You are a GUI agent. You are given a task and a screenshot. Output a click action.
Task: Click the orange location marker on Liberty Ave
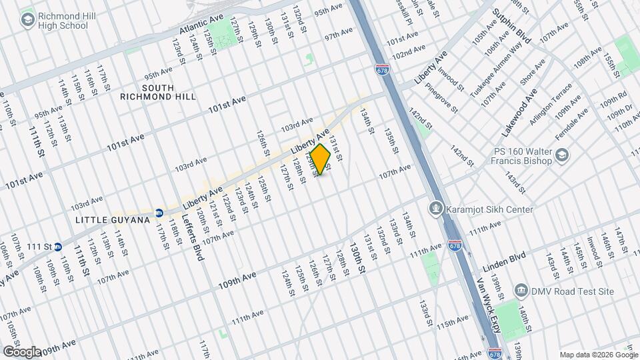[321, 159]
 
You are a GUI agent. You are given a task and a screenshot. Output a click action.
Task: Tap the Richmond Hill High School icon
[28, 20]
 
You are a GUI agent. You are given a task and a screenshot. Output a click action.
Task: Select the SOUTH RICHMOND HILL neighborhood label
[158, 92]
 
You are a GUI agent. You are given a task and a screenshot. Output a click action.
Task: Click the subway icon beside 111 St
[58, 247]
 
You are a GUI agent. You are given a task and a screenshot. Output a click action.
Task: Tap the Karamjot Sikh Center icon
[436, 209]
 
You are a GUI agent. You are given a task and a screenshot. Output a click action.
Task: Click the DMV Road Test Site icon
[521, 291]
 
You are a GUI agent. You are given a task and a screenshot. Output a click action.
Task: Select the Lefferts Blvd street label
[199, 237]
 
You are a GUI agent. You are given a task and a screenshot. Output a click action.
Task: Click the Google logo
[21, 351]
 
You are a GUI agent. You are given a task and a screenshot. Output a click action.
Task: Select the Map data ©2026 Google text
[598, 355]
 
